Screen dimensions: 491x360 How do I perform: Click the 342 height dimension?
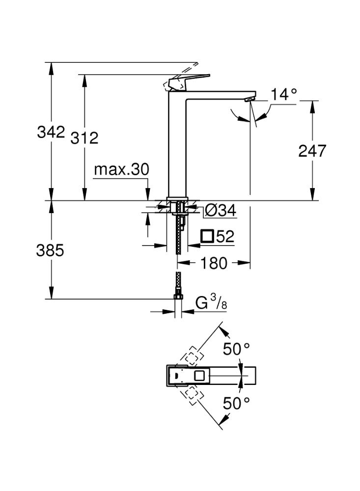pos(51,132)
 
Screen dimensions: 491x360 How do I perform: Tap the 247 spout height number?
pos(312,151)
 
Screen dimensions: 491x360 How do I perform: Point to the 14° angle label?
pos(284,94)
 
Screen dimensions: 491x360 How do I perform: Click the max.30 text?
pos(121,170)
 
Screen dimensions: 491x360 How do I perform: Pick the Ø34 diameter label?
pos(219,211)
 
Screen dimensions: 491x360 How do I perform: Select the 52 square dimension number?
pos(224,237)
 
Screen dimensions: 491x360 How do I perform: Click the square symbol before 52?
pos(207,237)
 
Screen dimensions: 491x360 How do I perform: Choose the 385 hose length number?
pos(51,251)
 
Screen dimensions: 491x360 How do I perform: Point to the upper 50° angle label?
pos(237,350)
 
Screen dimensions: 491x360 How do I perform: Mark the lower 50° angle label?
pos(237,404)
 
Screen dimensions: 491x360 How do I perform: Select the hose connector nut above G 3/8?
pos(178,297)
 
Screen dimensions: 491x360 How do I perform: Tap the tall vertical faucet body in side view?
pos(177,147)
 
